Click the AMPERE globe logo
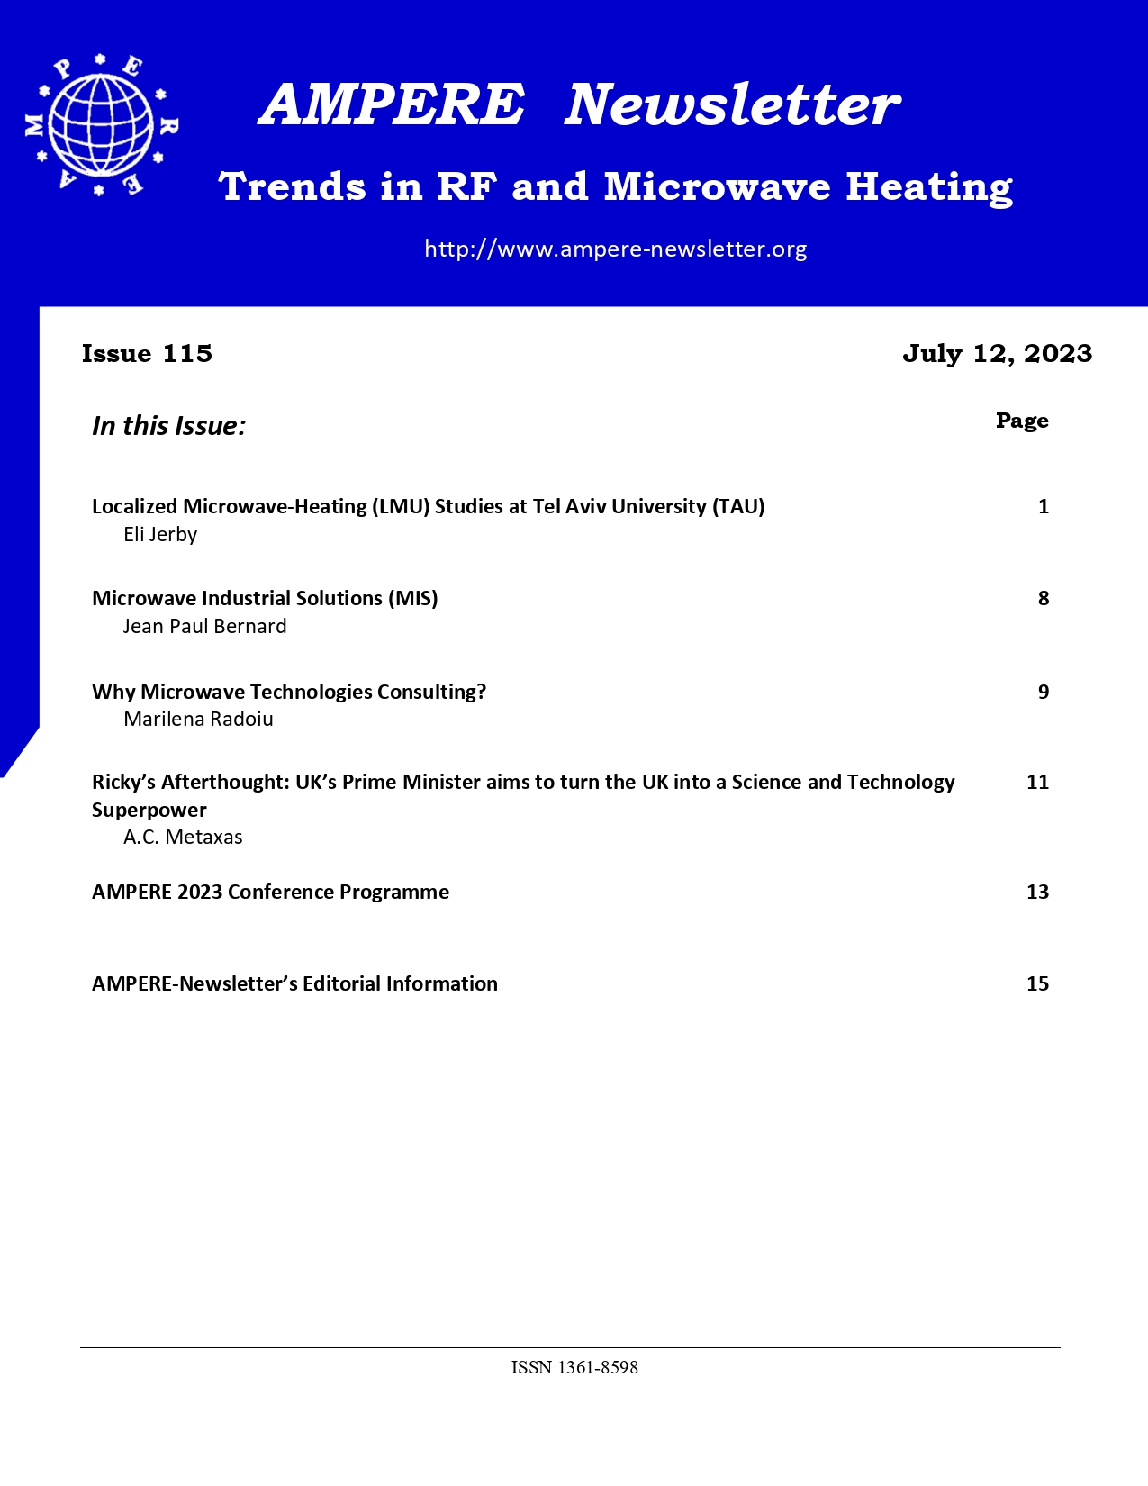[101, 125]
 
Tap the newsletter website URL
[615, 249]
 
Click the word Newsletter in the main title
[731, 104]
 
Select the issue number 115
[187, 353]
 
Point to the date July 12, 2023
[997, 353]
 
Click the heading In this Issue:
[168, 425]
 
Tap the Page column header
[1022, 421]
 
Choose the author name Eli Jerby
[160, 534]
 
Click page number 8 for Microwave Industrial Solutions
[1044, 598]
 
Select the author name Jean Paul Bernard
[204, 626]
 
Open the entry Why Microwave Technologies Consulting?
[289, 692]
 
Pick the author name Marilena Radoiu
[198, 719]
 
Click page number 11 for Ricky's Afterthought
[1037, 782]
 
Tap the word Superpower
[149, 810]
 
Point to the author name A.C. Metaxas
[183, 837]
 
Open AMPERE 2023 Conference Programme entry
[270, 892]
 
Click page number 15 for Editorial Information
[1037, 983]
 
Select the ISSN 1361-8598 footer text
[574, 1367]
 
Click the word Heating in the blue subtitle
[928, 187]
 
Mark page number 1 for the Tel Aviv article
[1044, 506]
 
